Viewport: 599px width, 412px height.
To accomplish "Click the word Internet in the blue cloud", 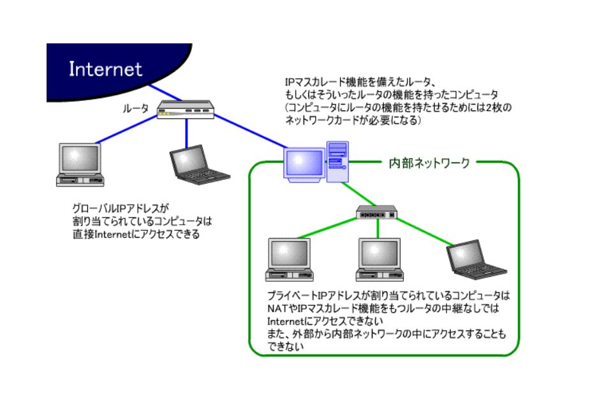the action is (x=105, y=69).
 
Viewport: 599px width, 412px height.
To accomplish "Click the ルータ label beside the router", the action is (x=136, y=108).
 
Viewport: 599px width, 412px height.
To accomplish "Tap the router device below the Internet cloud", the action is (x=186, y=110).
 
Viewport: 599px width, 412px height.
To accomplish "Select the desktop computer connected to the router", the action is (x=80, y=165).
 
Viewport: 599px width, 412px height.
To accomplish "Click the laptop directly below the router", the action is (x=199, y=165).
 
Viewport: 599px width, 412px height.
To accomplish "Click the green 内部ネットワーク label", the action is (x=429, y=163).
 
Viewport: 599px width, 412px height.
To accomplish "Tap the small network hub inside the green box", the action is (x=376, y=212).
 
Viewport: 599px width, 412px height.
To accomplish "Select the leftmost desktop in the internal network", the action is (x=289, y=260).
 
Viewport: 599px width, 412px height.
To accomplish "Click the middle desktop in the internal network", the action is (x=380, y=260).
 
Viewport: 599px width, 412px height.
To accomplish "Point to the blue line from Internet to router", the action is (x=165, y=92).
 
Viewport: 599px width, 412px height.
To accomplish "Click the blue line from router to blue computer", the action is (x=250, y=131).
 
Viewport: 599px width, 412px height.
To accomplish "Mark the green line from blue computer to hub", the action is (x=359, y=195).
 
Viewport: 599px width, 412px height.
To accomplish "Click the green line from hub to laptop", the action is (x=425, y=232).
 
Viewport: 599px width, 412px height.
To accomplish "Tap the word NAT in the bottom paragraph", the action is (x=277, y=308).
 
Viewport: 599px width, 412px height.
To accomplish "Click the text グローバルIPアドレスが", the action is (x=121, y=209).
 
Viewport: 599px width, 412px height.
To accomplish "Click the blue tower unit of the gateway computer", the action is (x=337, y=162).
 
